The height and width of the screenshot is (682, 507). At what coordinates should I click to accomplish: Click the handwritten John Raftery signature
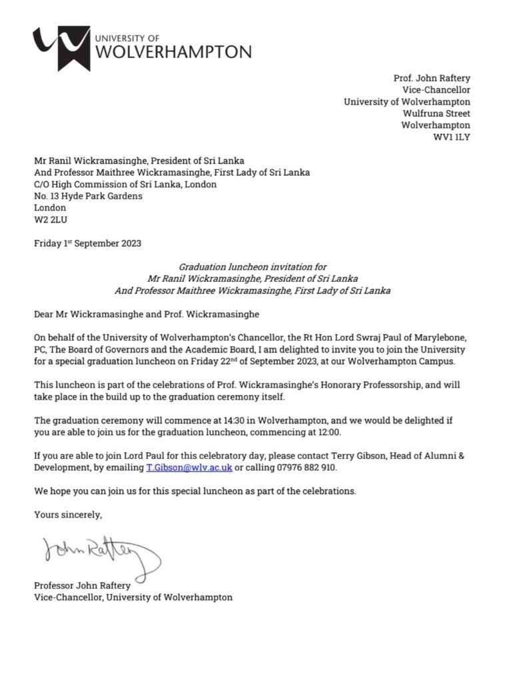click(101, 553)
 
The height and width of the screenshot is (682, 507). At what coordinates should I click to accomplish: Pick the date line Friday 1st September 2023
click(87, 243)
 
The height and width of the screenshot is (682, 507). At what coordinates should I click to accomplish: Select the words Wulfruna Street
click(436, 114)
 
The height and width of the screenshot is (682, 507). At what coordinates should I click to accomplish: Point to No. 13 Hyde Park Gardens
click(88, 196)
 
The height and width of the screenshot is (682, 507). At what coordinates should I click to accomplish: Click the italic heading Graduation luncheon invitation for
click(253, 266)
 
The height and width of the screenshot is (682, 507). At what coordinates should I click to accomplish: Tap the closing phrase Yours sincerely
click(68, 514)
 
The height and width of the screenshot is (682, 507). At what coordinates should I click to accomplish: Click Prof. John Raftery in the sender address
click(432, 78)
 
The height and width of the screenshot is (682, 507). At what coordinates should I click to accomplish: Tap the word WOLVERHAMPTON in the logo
click(175, 52)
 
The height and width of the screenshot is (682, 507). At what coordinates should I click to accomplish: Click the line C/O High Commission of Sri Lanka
click(125, 184)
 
